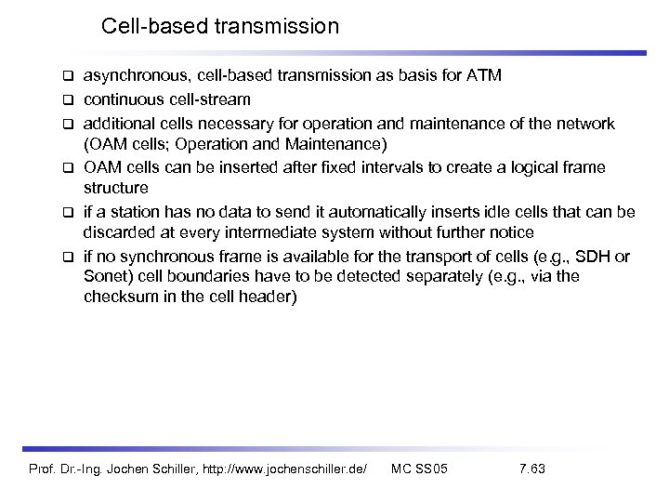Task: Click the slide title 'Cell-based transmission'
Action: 220,26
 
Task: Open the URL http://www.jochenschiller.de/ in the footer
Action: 280,468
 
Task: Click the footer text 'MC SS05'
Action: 419,468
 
